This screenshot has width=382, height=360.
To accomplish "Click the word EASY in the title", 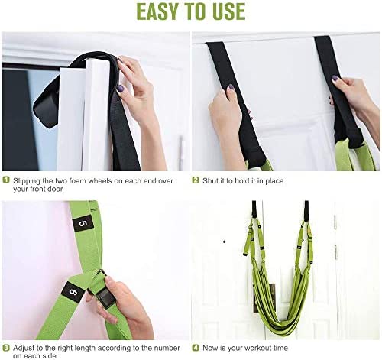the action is pos(157,11).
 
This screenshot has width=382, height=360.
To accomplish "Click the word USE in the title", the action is pos(228,11).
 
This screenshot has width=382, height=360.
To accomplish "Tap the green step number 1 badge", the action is pos(6,180).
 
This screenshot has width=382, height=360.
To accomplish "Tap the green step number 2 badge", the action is pos(196,180).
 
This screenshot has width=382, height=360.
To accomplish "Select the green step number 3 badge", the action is pos(6,348).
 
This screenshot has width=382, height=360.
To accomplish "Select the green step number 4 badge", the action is pos(196,348).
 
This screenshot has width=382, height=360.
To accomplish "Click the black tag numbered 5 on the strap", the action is pos(83,223).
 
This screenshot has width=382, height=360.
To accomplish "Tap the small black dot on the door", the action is pos(225,242).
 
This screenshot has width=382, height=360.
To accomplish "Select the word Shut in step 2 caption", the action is pos(209,180).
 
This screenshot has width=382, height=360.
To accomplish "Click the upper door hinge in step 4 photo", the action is pos(335,221).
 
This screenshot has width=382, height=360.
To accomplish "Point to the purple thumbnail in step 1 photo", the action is pos(120,89).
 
